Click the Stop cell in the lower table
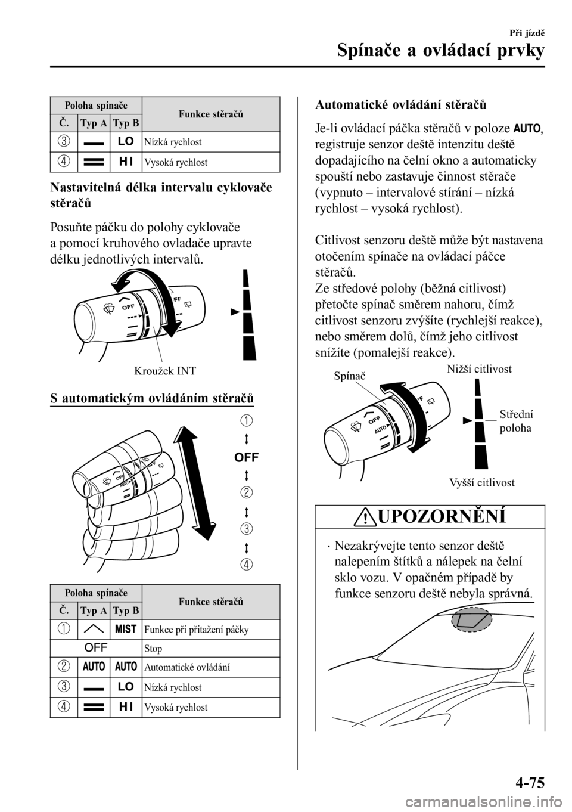(x=153, y=648)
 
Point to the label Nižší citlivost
(x=478, y=369)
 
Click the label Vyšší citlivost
(x=482, y=482)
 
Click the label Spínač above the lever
(x=349, y=377)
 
